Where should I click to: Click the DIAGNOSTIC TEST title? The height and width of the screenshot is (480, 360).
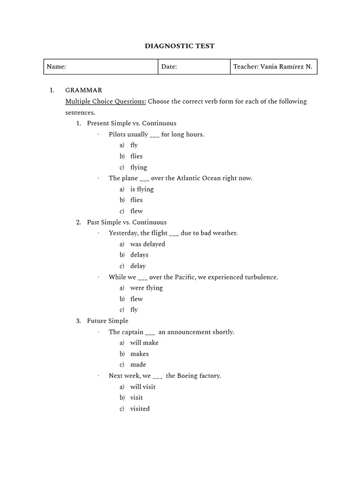tap(180, 46)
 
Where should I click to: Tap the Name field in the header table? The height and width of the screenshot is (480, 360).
tap(101, 67)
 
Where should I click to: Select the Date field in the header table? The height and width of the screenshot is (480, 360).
tap(194, 67)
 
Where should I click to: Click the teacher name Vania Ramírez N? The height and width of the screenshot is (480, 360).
tap(285, 67)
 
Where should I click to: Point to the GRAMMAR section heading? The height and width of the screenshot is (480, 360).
tap(83, 90)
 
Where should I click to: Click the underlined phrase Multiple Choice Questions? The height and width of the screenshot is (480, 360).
tap(105, 101)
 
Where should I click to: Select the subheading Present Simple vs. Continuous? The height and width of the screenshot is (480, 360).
tap(131, 123)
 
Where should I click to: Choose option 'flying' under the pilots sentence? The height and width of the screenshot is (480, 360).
tap(138, 167)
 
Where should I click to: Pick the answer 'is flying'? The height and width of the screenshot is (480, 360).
tap(142, 189)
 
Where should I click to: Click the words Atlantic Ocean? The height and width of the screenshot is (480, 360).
tap(203, 178)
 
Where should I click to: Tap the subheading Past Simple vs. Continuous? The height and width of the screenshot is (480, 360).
tap(127, 222)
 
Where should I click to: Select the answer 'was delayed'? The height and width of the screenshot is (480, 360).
tap(148, 244)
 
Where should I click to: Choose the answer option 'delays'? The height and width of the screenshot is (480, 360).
tap(139, 255)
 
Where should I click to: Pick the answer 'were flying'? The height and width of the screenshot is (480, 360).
tap(146, 288)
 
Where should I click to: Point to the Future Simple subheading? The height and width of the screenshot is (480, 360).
tap(107, 321)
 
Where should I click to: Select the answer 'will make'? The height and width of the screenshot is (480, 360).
tap(144, 343)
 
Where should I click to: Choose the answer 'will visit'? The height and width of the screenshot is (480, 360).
tap(142, 387)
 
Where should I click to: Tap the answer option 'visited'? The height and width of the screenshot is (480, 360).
tap(140, 409)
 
